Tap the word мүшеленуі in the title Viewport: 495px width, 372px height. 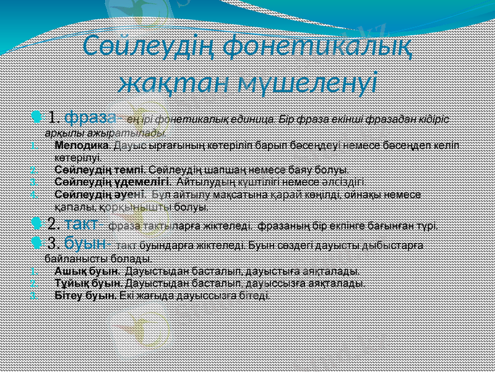click(306, 81)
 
